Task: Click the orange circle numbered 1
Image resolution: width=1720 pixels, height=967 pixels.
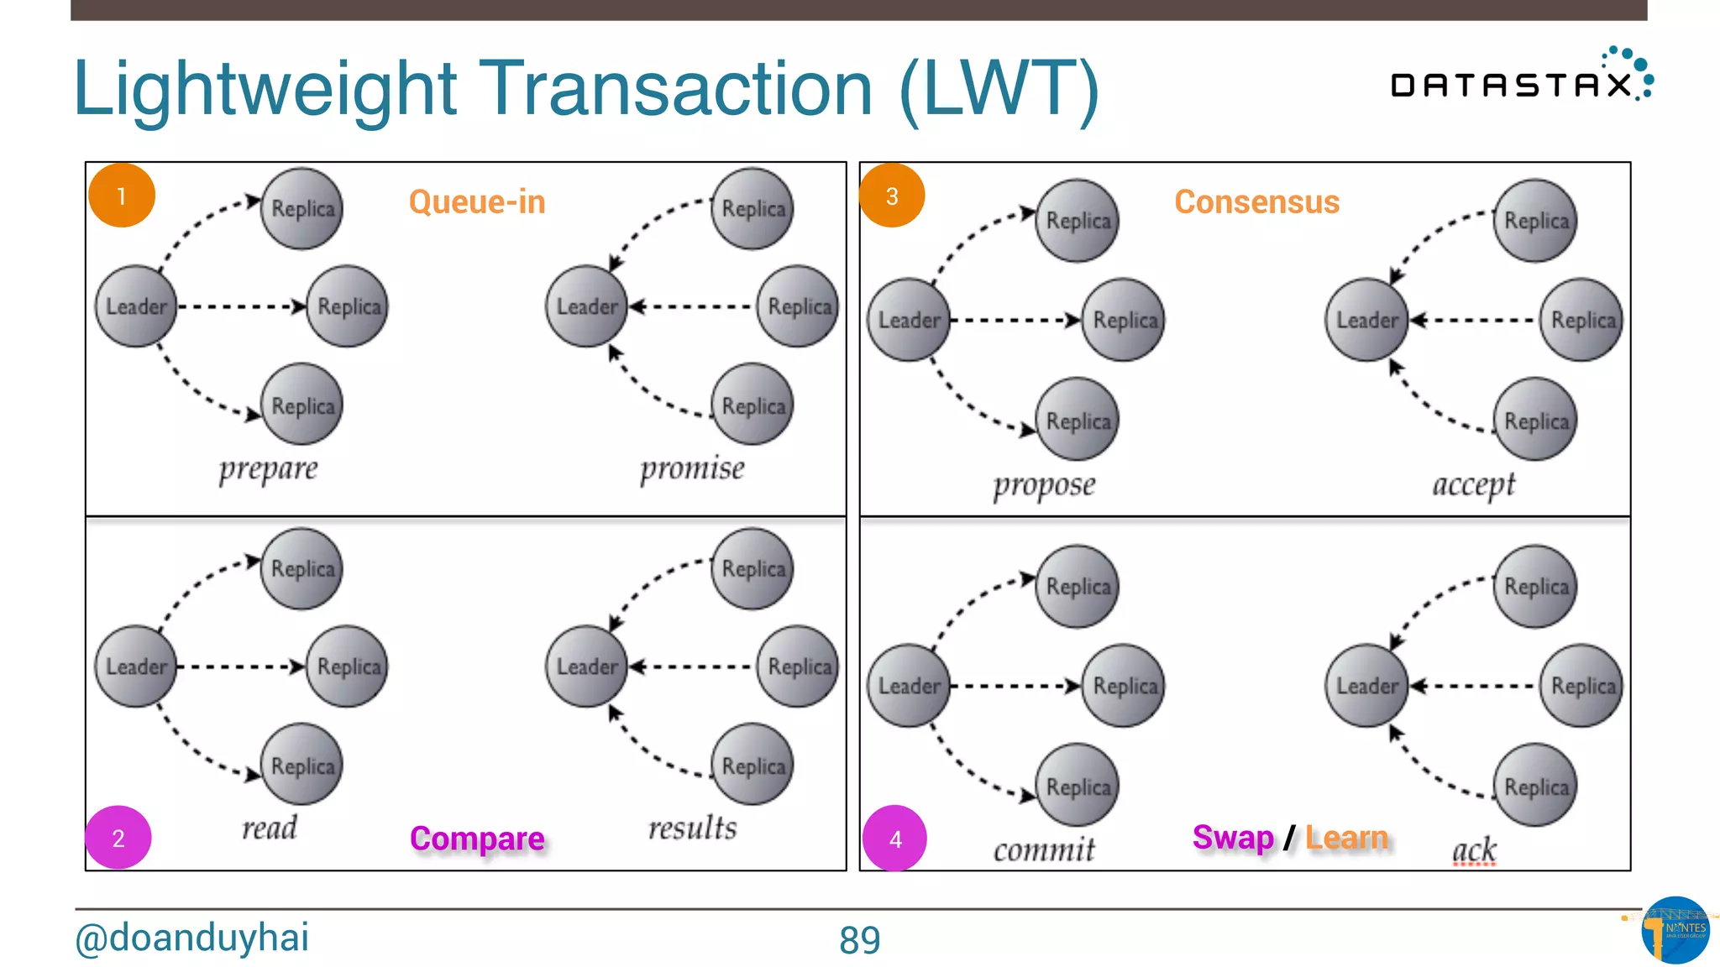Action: [x=122, y=196]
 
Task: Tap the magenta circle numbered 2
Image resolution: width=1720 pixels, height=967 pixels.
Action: [x=118, y=837]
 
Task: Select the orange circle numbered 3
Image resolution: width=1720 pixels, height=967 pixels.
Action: [x=892, y=196]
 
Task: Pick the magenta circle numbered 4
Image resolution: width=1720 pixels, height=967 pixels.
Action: [x=895, y=838]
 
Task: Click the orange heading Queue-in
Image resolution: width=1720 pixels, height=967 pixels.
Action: [x=477, y=202]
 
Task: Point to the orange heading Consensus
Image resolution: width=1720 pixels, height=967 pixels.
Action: [x=1256, y=202]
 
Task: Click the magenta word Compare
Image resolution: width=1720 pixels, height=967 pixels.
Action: [x=477, y=838]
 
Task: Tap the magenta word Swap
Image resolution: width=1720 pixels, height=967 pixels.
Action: [x=1233, y=837]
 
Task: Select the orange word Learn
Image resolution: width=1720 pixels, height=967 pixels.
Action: [x=1347, y=837]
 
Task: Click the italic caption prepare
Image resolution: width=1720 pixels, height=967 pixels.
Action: [x=268, y=468]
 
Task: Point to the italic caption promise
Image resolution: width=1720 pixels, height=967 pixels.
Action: [x=692, y=468]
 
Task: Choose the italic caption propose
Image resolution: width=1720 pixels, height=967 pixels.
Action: [x=1044, y=485]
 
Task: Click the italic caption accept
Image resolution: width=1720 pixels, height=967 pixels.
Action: [x=1474, y=484]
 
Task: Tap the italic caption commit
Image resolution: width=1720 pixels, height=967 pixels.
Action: [x=1044, y=849]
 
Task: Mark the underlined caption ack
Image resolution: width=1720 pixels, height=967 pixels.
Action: [x=1475, y=849]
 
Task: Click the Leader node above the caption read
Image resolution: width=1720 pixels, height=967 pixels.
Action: [x=136, y=666]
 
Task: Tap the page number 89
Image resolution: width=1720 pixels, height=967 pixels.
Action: [x=859, y=940]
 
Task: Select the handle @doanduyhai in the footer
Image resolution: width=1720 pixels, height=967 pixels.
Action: [x=192, y=938]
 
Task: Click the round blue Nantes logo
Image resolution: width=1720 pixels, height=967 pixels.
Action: [x=1675, y=930]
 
